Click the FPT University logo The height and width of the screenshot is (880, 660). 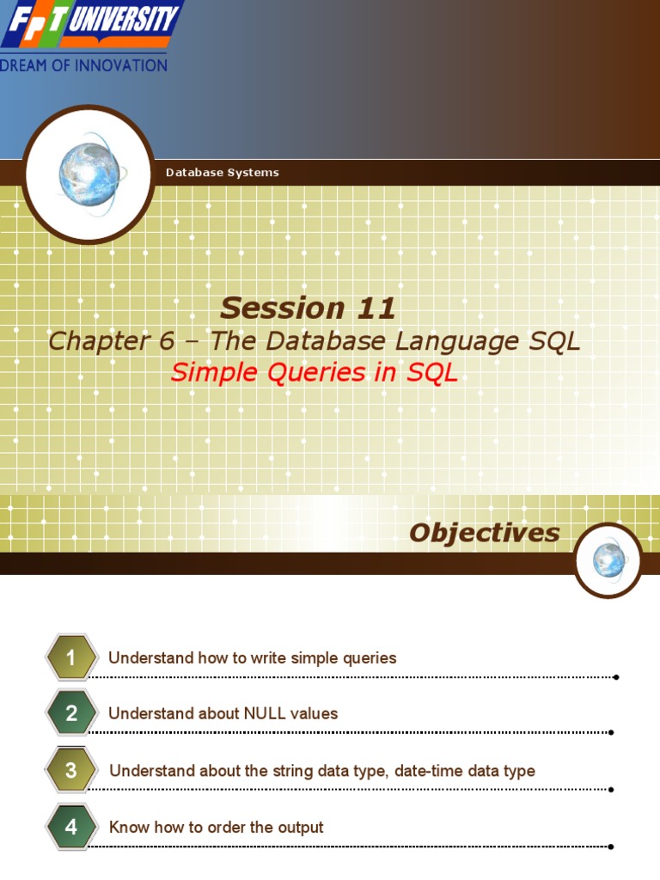(90, 24)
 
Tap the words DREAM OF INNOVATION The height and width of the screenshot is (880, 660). (84, 65)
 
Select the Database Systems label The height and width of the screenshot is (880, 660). (222, 173)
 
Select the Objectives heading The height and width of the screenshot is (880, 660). (484, 533)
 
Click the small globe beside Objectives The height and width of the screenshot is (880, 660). (608, 560)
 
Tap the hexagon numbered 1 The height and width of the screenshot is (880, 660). (71, 658)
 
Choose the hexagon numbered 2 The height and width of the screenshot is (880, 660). (71, 713)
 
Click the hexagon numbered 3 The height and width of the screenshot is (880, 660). (71, 771)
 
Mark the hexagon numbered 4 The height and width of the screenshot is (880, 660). (71, 828)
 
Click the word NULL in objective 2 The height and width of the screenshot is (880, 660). (266, 714)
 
